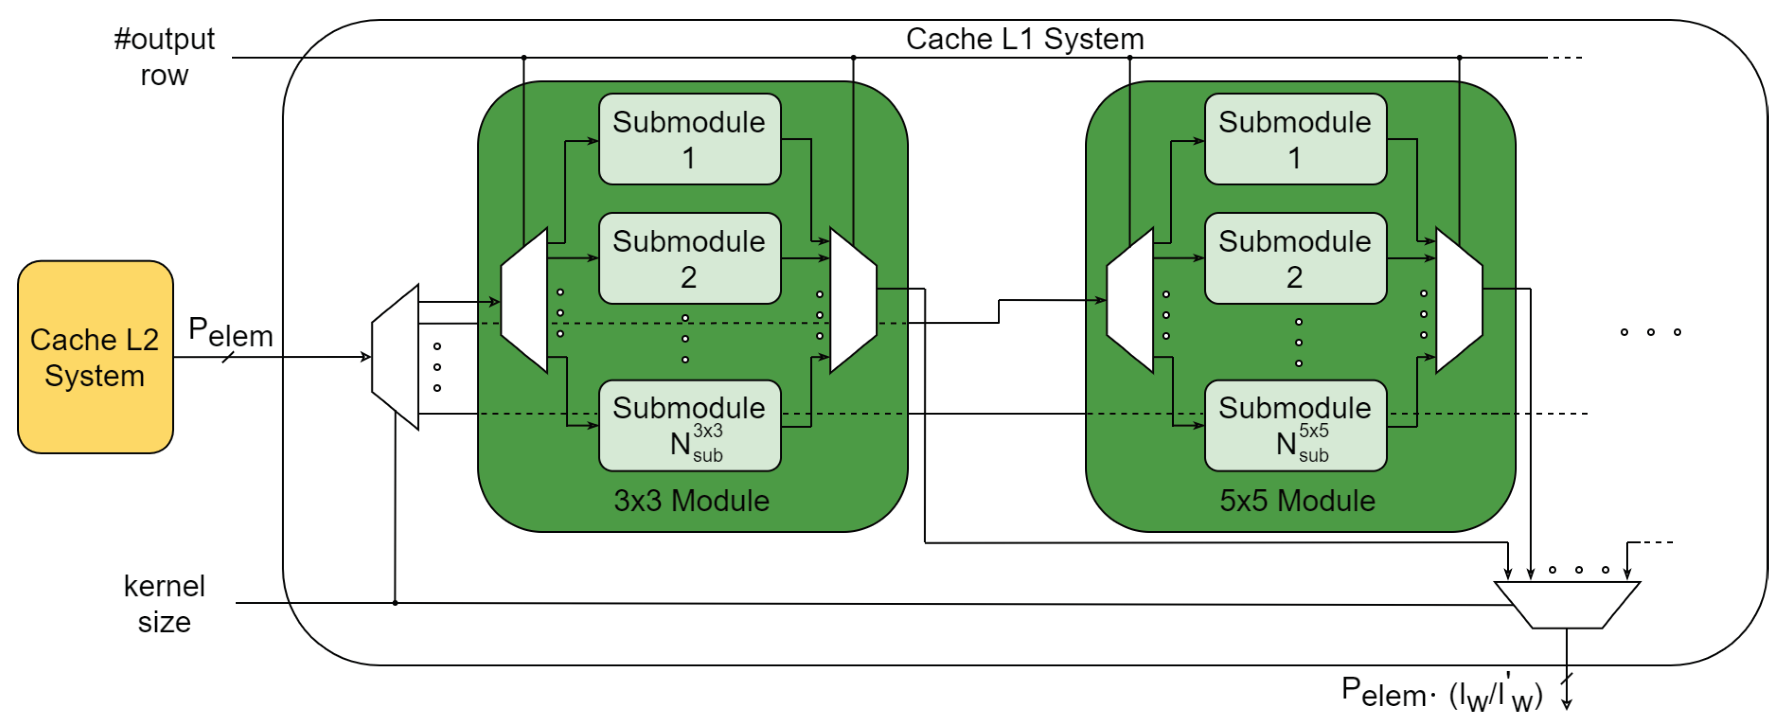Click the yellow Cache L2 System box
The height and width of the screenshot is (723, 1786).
click(x=95, y=357)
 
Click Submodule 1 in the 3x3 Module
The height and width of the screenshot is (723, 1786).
click(x=689, y=139)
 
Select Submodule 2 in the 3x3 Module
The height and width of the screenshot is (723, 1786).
click(x=689, y=258)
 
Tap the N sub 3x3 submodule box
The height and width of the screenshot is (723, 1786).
click(x=689, y=425)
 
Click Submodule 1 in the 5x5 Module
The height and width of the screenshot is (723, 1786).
click(x=1295, y=139)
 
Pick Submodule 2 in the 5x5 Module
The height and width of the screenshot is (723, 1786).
click(x=1295, y=258)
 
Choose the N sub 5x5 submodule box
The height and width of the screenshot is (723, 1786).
click(x=1295, y=425)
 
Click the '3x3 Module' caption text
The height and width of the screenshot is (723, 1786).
click(x=691, y=501)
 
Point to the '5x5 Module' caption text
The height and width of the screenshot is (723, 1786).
click(x=1297, y=501)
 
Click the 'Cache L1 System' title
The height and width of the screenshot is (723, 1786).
click(x=1025, y=39)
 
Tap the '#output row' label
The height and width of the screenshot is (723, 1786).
click(x=164, y=57)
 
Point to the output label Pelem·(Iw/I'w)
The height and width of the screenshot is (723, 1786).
click(x=1442, y=693)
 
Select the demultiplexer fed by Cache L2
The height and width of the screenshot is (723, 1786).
click(x=395, y=357)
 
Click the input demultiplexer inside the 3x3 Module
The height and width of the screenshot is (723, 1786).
click(x=524, y=300)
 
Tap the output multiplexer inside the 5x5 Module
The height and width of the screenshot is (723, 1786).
click(x=1459, y=300)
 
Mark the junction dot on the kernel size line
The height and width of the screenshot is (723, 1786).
click(x=395, y=603)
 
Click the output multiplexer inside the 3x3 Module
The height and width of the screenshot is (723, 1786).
click(x=853, y=300)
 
